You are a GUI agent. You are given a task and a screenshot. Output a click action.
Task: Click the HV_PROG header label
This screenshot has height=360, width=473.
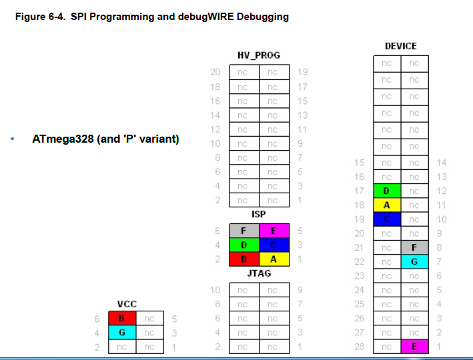coord(259,55)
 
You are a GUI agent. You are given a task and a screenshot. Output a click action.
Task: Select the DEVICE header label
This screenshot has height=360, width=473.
coord(400,46)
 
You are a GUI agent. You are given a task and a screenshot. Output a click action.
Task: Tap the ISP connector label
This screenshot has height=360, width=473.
coord(259,215)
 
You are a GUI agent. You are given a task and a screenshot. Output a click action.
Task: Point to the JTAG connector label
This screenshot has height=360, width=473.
coord(259,273)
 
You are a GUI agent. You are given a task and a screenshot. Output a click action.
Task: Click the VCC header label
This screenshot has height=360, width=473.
coord(127,304)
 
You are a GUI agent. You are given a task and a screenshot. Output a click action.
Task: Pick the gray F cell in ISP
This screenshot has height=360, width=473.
coord(244,231)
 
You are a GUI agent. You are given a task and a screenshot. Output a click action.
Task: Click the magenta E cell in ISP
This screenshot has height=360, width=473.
coord(274,231)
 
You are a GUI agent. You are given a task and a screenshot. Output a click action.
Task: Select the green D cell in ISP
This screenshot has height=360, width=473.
coord(244,245)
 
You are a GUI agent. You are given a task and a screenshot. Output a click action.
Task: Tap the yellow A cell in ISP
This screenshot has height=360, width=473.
coord(274,259)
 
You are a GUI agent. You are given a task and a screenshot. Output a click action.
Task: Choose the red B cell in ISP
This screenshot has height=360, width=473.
coord(244,259)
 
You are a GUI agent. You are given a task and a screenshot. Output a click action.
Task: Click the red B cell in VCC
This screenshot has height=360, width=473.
coord(121,319)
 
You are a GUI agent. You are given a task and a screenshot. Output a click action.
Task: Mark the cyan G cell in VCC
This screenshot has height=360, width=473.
coord(121,332)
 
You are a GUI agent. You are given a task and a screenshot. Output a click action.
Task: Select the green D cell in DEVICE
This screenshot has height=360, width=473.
coord(386,191)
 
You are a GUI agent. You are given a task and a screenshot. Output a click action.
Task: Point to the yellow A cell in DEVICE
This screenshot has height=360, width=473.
coord(386,205)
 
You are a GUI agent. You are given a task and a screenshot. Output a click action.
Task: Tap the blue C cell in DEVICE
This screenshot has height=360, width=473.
coord(386,219)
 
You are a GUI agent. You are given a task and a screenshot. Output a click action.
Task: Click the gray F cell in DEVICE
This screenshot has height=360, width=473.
coord(414,247)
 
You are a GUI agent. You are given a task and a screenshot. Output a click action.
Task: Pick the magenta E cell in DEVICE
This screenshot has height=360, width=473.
coord(414,346)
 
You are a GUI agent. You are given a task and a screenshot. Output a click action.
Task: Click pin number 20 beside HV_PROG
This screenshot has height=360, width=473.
coord(215,72)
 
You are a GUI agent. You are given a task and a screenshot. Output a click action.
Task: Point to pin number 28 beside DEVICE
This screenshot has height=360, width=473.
coord(360,346)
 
